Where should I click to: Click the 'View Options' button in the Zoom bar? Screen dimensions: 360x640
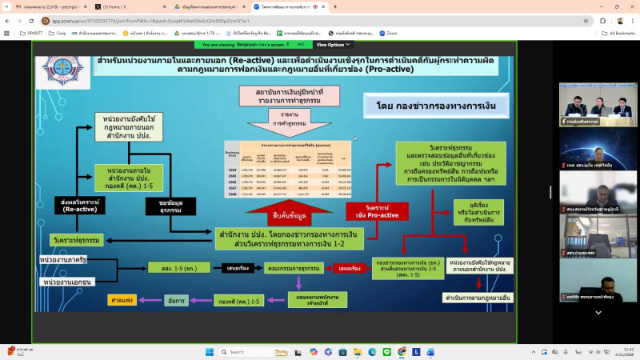click(x=333, y=45)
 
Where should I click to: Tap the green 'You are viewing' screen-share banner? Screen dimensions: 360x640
click(x=240, y=45)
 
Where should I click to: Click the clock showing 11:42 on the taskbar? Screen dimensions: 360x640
click(x=606, y=351)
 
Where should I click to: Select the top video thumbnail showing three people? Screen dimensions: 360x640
click(x=586, y=102)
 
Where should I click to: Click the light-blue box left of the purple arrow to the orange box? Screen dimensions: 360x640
click(x=176, y=300)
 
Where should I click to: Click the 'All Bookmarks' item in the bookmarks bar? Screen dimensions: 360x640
click(x=620, y=33)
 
